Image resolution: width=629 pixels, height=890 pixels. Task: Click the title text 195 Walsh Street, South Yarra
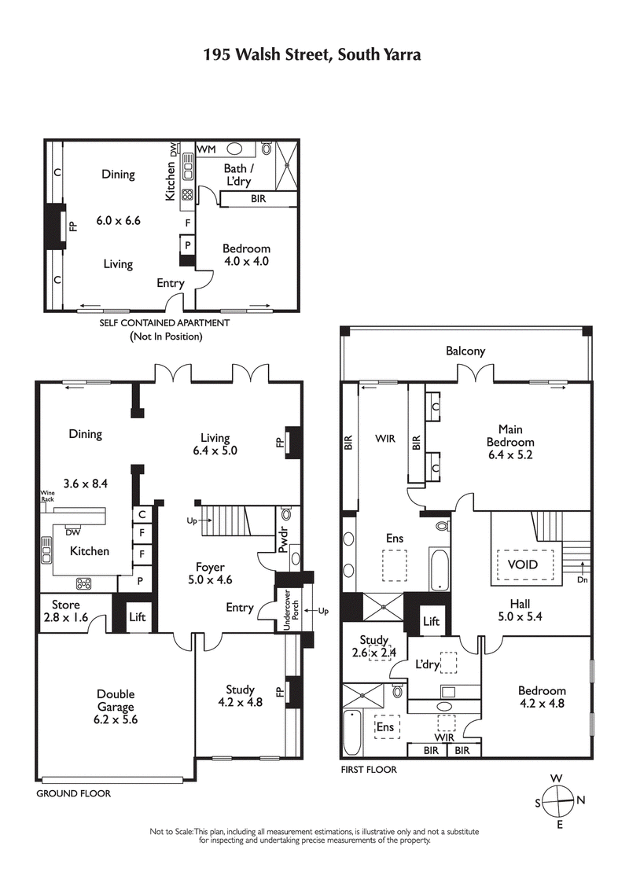312,54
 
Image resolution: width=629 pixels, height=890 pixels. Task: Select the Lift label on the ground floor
138,617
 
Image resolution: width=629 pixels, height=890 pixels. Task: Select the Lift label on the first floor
431,621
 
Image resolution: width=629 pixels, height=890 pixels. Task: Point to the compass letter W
556,778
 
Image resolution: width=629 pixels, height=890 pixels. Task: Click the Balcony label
465,351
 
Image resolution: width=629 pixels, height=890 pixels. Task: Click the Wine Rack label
48,496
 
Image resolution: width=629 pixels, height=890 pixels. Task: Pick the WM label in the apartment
207,149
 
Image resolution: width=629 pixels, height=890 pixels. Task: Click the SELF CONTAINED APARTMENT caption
164,322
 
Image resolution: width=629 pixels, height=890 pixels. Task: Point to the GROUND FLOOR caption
74,793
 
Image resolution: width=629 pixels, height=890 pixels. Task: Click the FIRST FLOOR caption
369,770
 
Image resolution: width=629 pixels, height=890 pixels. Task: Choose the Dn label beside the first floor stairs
582,580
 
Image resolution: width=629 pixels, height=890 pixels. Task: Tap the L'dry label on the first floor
427,664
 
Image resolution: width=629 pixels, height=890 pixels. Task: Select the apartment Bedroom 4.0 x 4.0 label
246,255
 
